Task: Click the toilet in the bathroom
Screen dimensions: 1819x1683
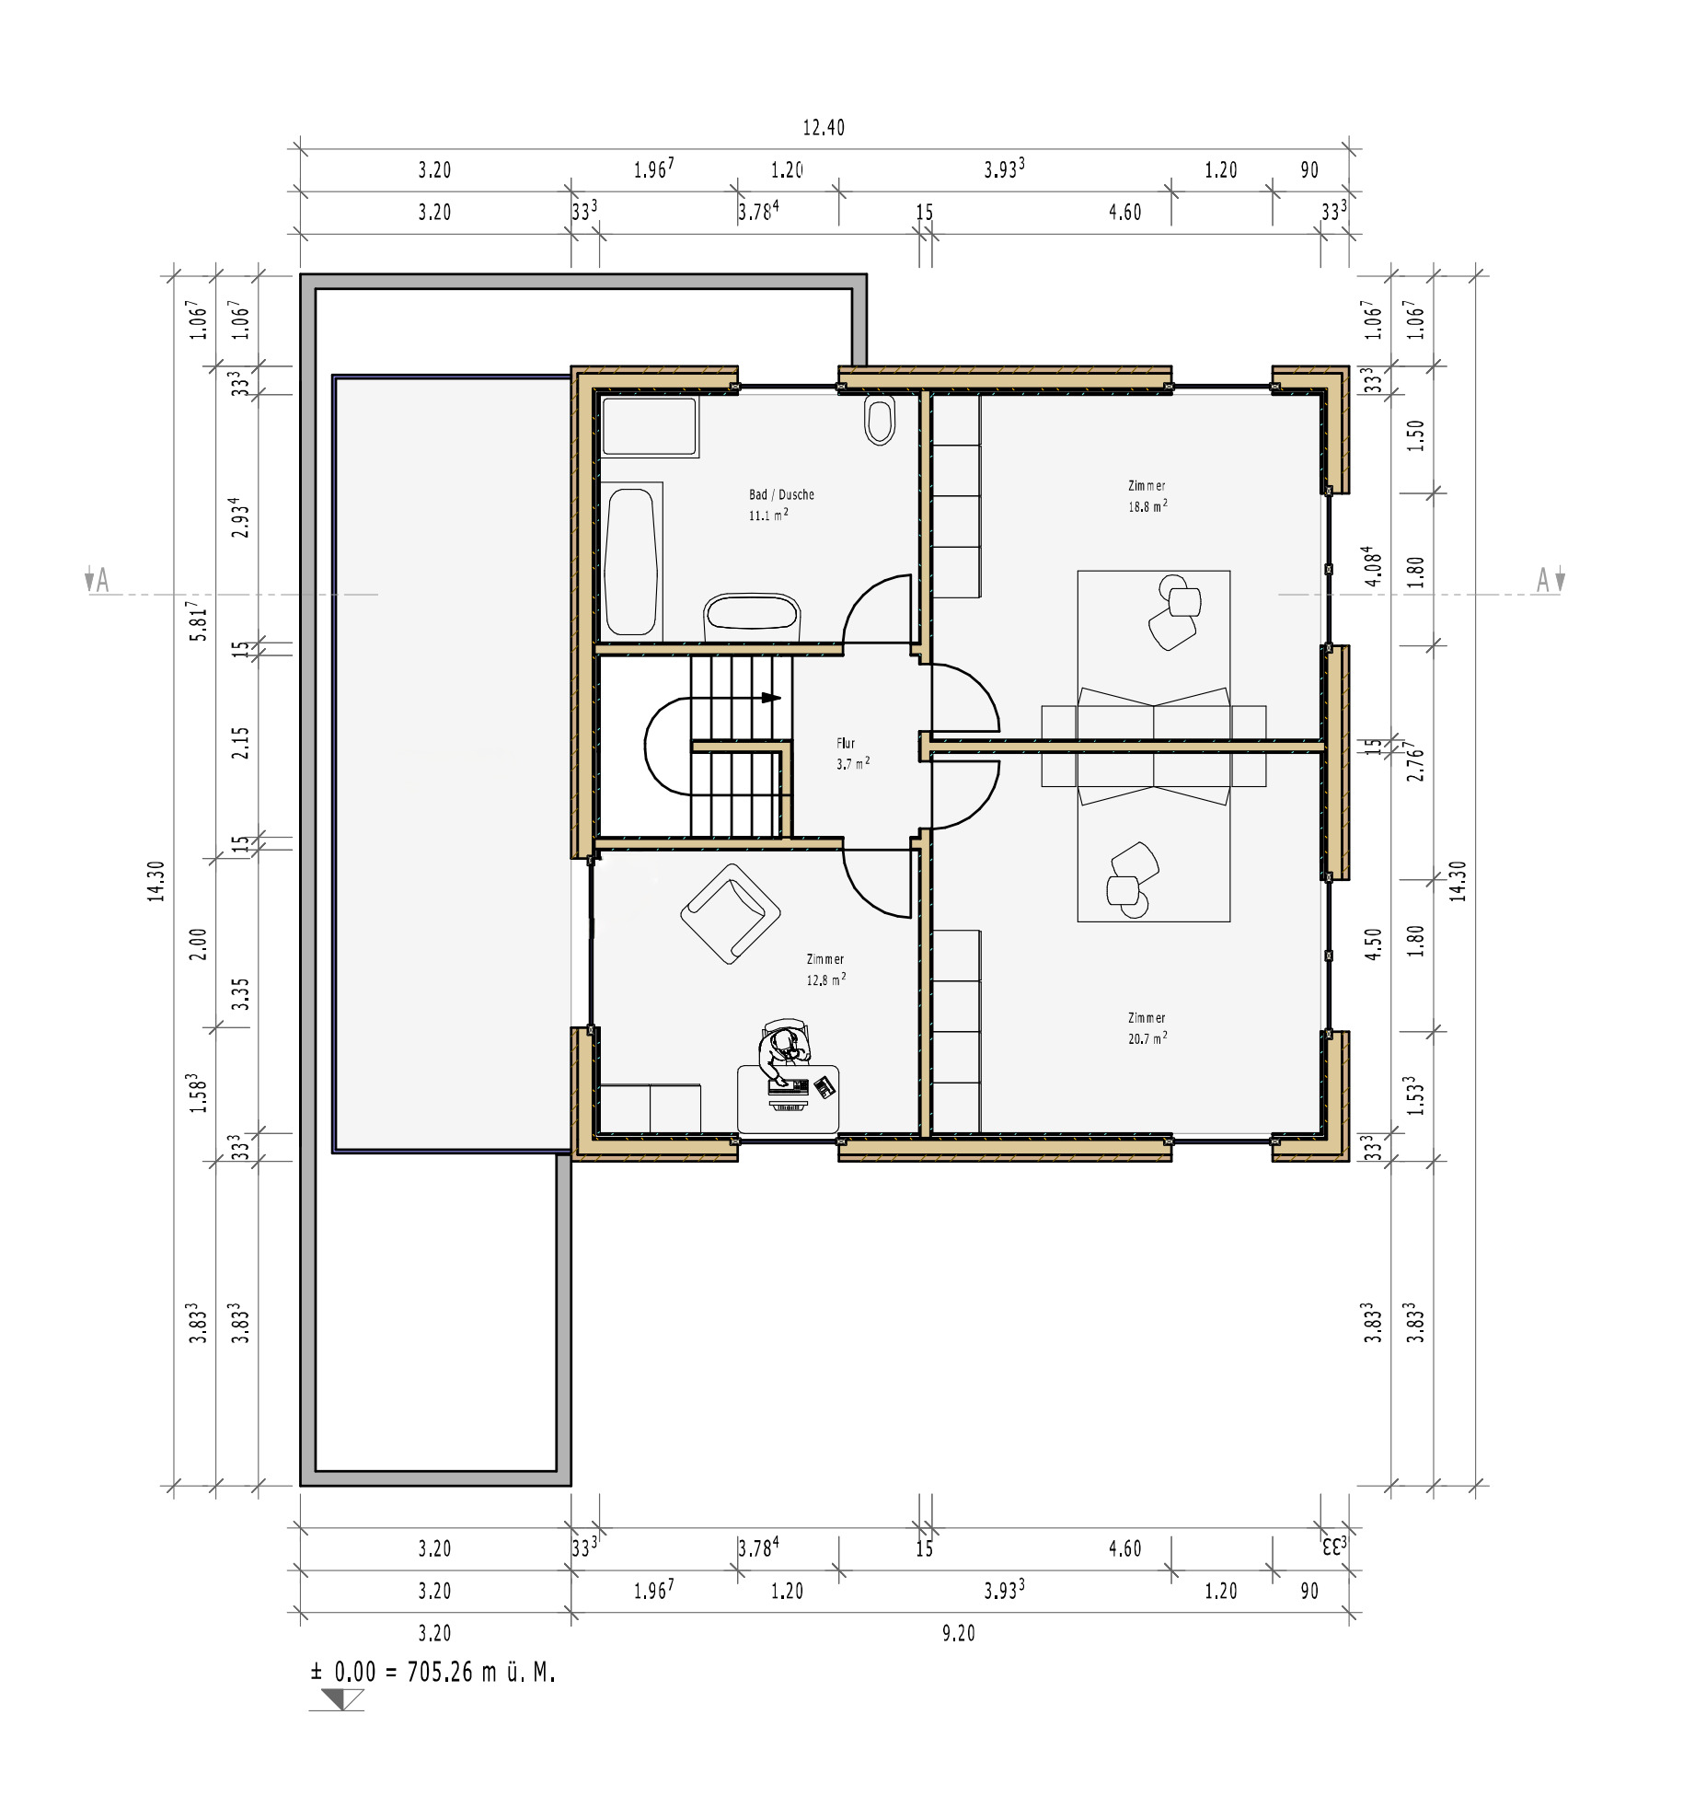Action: pos(880,421)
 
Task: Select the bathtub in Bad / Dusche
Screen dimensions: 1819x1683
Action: pos(631,562)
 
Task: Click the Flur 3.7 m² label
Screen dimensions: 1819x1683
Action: pos(851,753)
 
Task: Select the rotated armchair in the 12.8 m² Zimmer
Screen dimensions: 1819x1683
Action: pos(731,914)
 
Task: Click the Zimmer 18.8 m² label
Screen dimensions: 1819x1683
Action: pos(1147,495)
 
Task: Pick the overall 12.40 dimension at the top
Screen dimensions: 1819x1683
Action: pos(823,128)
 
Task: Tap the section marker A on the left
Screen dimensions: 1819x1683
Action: pos(98,580)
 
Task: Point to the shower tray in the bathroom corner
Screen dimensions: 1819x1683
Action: pos(650,426)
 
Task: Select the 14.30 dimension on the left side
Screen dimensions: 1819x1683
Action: pos(156,881)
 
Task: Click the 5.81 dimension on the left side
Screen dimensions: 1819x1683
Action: pos(198,621)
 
